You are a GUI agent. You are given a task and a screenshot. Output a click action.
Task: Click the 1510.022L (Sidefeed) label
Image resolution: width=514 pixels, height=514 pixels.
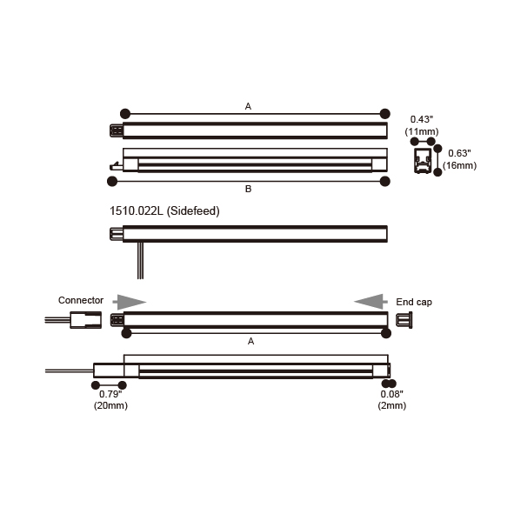tap(164, 210)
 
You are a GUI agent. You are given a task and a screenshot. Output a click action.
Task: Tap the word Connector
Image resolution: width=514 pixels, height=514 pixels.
tap(81, 300)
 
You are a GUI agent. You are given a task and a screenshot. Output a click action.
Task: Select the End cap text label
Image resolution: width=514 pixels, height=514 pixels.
tap(414, 302)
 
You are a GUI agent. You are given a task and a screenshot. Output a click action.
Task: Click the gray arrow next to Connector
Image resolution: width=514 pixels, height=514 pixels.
tap(130, 302)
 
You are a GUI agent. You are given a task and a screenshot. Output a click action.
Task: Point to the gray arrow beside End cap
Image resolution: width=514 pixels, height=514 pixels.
tap(370, 302)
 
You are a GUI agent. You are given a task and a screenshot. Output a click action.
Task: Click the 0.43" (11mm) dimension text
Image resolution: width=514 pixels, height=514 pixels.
tap(422, 125)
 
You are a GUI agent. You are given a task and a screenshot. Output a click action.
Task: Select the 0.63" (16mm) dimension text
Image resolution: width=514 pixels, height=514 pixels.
tap(459, 159)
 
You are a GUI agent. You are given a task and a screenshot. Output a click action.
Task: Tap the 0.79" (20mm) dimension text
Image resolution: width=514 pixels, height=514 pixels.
tap(110, 400)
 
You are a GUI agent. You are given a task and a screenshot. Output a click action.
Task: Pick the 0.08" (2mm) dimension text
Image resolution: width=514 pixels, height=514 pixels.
tap(391, 400)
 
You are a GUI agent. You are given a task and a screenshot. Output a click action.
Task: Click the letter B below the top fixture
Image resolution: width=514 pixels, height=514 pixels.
tap(248, 189)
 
